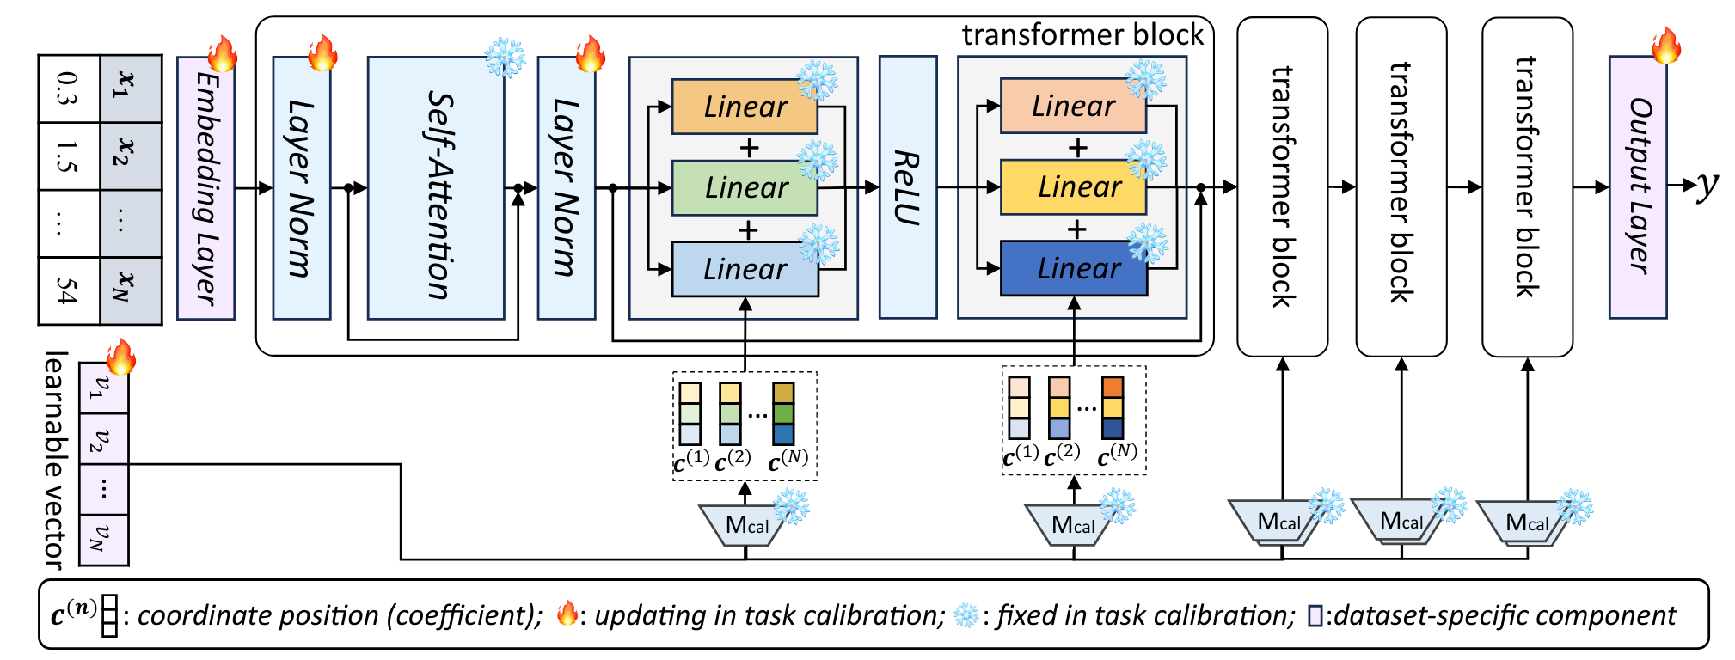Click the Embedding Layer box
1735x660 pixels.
205,188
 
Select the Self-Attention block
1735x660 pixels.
436,188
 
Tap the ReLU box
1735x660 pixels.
908,187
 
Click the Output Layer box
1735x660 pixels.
1638,187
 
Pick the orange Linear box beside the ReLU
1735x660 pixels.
1073,106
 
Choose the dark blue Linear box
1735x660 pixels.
1073,268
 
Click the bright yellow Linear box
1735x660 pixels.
1073,187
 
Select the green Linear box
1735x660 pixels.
745,187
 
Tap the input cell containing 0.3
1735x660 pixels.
69,89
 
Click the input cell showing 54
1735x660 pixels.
69,290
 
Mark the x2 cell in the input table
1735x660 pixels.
131,156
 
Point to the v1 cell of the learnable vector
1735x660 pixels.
103,388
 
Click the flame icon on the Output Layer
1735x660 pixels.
1665,46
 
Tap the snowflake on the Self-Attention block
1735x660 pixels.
505,58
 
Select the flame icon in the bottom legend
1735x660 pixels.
567,614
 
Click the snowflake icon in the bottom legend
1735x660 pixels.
966,614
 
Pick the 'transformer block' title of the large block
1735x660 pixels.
1082,34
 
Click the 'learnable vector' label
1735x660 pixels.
54,460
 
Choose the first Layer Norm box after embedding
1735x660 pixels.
301,188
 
